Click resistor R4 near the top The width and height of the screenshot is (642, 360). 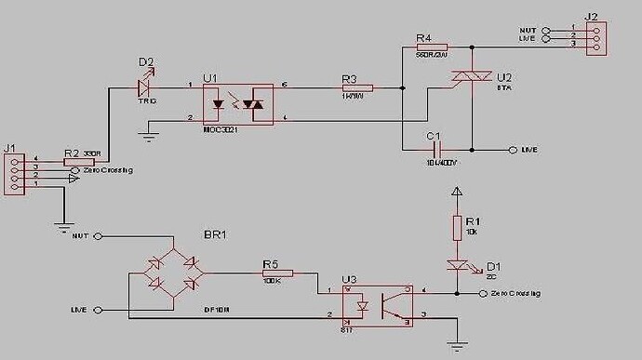(x=432, y=46)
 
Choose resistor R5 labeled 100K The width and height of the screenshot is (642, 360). (x=277, y=273)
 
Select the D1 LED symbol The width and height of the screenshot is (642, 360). (x=457, y=265)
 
